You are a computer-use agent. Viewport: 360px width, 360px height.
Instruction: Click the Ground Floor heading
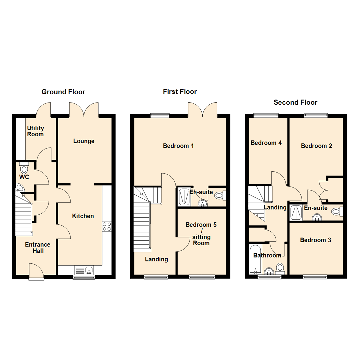click(63, 92)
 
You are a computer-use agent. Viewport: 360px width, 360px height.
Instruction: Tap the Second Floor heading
click(295, 102)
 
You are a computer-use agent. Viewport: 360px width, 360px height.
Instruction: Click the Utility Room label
click(35, 131)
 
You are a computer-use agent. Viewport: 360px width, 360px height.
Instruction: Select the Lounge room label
click(84, 141)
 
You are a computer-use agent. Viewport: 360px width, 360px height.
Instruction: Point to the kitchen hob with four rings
click(107, 227)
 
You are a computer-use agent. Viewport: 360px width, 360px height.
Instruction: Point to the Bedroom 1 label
click(178, 146)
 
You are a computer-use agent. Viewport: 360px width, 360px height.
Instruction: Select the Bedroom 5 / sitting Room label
click(201, 234)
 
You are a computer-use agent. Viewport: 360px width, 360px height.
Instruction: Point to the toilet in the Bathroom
click(280, 267)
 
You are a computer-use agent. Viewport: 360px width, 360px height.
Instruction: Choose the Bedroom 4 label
click(266, 143)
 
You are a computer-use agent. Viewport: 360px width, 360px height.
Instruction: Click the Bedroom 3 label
click(315, 240)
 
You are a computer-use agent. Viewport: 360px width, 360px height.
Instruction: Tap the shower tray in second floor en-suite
click(296, 213)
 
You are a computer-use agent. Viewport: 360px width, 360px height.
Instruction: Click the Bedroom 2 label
click(316, 146)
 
